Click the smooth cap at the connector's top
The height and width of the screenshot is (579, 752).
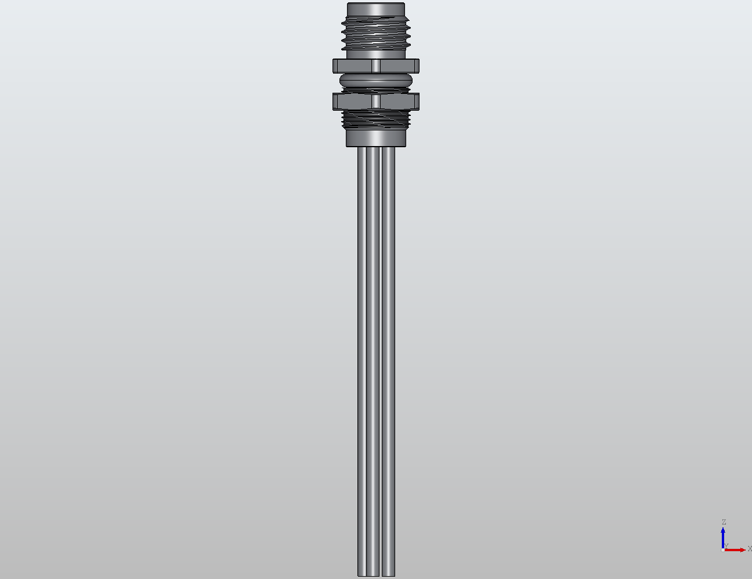point(375,9)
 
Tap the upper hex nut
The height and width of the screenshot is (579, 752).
point(354,65)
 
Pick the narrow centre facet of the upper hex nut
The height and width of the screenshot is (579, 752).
point(377,65)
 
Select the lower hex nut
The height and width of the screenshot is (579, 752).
point(354,101)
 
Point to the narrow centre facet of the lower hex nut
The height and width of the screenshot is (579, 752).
point(377,101)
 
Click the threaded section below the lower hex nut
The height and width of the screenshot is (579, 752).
point(376,119)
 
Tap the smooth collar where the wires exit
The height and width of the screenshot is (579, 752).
point(376,138)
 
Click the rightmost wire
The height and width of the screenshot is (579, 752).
point(389,348)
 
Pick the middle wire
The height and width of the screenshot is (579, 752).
point(374,348)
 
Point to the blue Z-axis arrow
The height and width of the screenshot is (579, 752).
point(723,536)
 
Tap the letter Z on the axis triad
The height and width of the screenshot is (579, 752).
point(724,522)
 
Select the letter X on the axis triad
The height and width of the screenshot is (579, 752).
point(749,548)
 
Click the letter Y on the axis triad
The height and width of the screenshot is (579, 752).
point(726,545)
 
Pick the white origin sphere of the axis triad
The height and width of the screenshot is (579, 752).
point(722,549)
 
